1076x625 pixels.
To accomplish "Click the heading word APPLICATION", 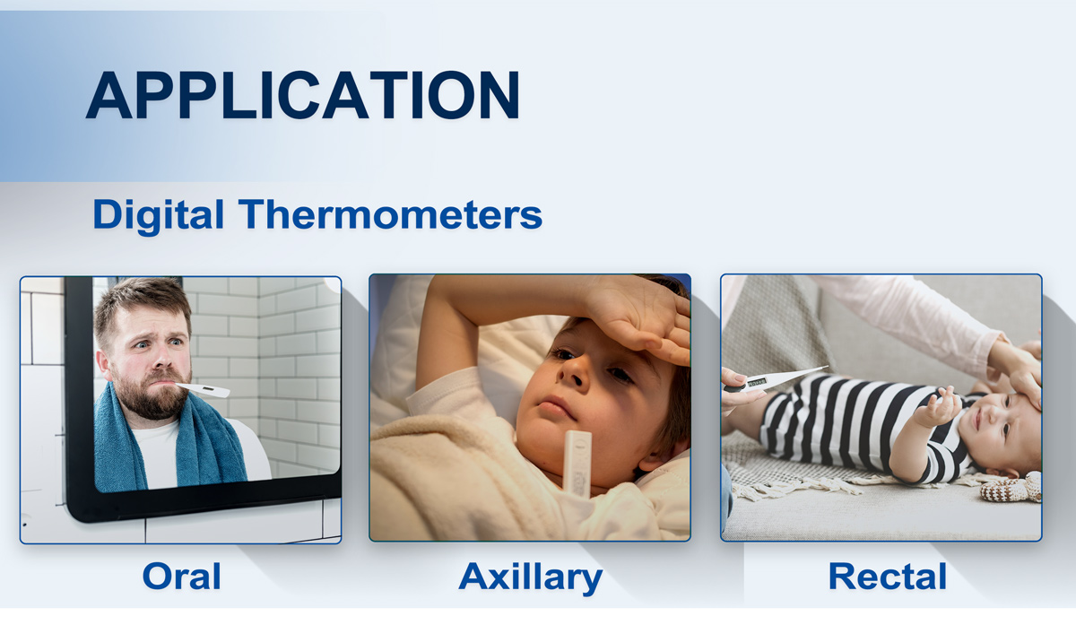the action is click(303, 95).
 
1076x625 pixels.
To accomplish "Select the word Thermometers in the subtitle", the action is click(391, 213).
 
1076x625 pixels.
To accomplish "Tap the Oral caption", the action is click(181, 576).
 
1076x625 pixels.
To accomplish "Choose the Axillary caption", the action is click(530, 577).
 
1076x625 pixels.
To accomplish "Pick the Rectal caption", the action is click(887, 576).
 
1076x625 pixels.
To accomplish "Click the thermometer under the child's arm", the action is click(577, 463).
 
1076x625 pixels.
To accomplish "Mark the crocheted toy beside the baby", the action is click(1011, 487).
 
